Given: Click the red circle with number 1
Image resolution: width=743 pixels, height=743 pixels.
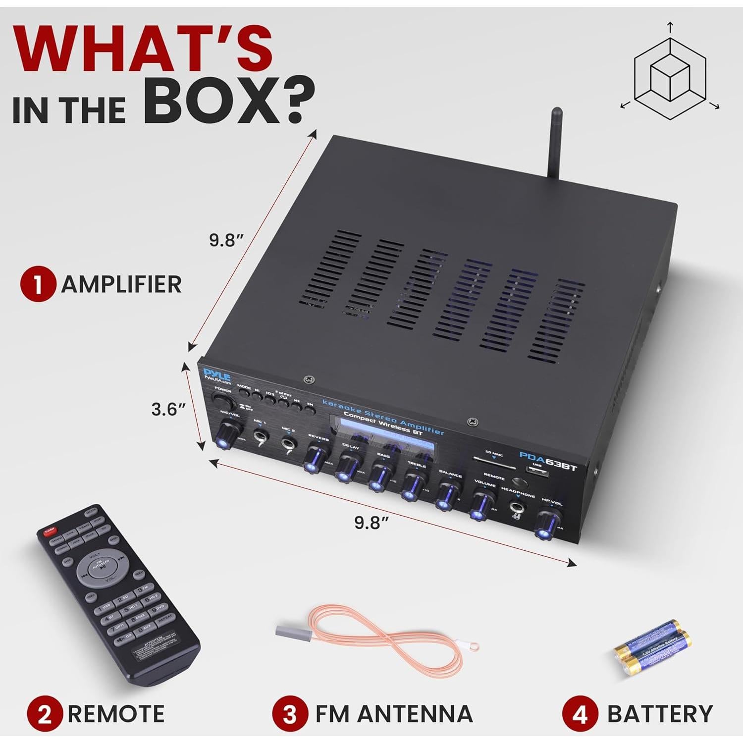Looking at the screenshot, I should (x=38, y=285).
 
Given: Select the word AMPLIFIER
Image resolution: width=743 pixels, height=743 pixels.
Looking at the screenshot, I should (x=121, y=285).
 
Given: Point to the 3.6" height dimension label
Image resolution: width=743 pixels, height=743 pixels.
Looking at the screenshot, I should (x=168, y=410).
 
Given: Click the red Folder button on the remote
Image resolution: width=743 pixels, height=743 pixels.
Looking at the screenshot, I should (x=50, y=532).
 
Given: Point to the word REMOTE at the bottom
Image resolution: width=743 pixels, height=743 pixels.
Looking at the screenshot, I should (x=116, y=714).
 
